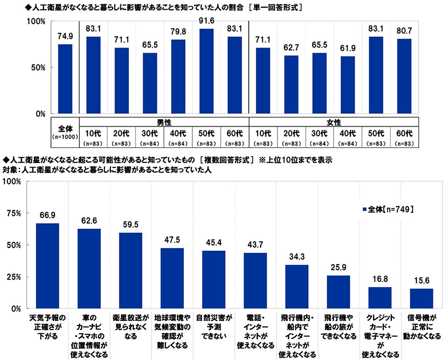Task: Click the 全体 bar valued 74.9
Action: tap(65, 79)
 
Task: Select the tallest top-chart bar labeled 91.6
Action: tap(206, 71)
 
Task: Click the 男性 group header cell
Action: tap(164, 122)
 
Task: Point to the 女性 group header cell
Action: tap(334, 122)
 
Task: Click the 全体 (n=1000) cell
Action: tap(65, 132)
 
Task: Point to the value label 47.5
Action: tap(172, 241)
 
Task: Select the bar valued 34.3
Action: tap(297, 286)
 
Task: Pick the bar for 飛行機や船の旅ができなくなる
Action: tap(338, 292)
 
